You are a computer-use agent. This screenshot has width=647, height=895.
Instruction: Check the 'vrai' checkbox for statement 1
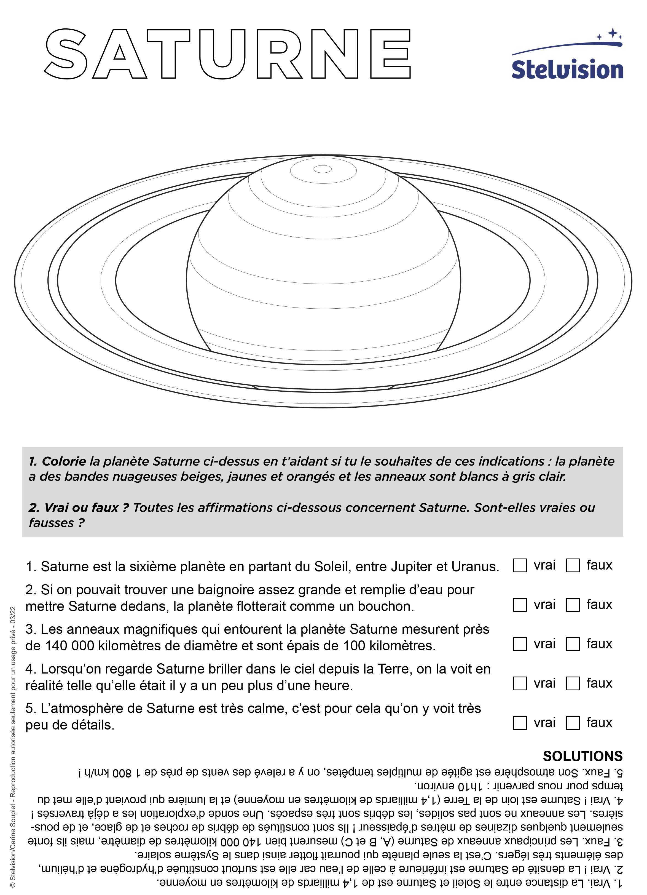(x=520, y=565)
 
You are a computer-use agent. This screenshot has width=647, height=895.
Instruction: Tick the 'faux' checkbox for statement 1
(x=573, y=565)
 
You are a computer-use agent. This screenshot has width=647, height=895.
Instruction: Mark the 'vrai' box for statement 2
(x=520, y=605)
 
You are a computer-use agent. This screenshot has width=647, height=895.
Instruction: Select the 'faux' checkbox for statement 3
(x=573, y=644)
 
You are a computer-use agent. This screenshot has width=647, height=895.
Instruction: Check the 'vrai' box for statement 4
(x=520, y=683)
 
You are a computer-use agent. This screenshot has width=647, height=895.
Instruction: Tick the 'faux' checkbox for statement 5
(x=573, y=723)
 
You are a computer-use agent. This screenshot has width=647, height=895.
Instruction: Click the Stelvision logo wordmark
(x=567, y=70)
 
